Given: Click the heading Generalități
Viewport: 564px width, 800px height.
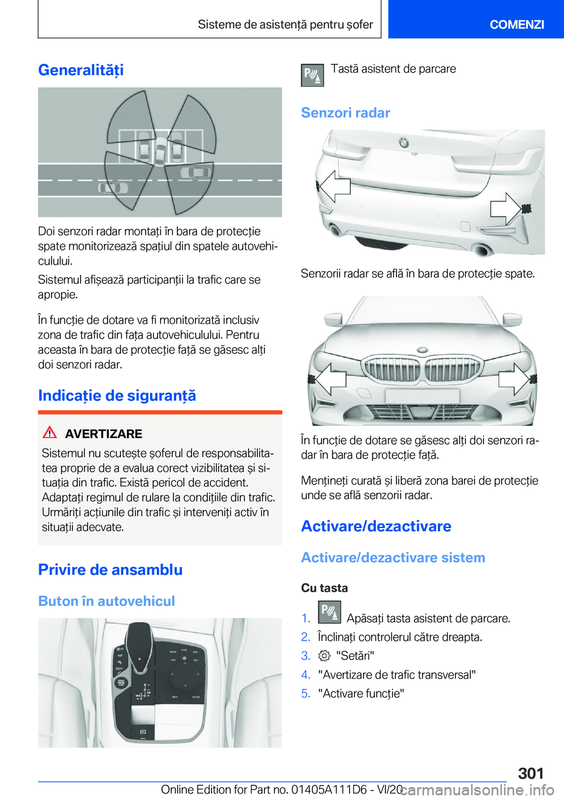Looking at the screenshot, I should click(x=81, y=70).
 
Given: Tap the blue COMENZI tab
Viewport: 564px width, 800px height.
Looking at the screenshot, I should click(x=516, y=24).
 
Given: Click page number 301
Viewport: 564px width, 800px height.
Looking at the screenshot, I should click(x=531, y=773).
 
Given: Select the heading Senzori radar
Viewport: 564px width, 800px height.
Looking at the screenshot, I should click(x=345, y=113).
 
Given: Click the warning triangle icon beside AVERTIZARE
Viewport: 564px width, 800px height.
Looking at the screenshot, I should click(x=50, y=433).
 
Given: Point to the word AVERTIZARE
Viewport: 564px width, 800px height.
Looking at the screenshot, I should click(x=103, y=434).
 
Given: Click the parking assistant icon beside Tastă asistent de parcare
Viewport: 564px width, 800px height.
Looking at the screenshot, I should click(x=312, y=75).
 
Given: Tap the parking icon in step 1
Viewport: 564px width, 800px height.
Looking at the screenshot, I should click(x=329, y=612).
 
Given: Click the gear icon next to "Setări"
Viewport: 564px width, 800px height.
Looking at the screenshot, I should click(x=324, y=656).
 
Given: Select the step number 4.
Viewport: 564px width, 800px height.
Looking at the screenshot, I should click(x=305, y=675).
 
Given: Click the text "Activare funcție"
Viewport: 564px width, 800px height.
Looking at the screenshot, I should click(x=361, y=694).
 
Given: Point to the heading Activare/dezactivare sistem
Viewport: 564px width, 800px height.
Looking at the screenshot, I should click(x=393, y=558).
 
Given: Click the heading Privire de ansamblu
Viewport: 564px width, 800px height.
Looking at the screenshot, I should click(x=110, y=570).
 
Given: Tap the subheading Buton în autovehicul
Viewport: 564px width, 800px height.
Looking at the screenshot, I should click(x=106, y=601).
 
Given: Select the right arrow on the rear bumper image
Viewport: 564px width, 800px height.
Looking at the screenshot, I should click(x=506, y=208).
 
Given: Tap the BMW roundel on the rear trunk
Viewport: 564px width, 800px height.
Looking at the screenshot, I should click(x=404, y=143).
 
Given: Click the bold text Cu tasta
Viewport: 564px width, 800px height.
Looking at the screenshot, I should click(x=324, y=588).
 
